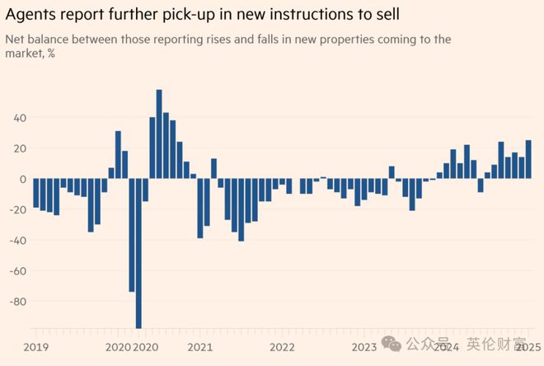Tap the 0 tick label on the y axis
23,179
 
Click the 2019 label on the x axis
36,347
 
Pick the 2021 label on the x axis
200,347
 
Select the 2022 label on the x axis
282,347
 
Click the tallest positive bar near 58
159,134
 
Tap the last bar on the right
528,160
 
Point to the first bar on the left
36,193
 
